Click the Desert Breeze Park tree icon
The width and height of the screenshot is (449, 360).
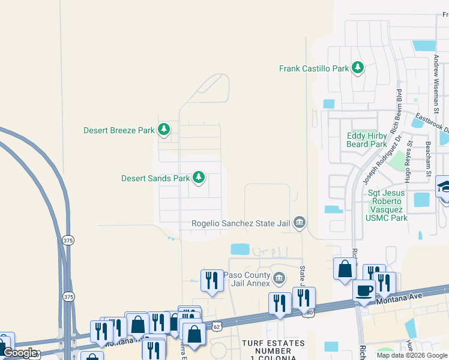pyautogui.click(x=163, y=130)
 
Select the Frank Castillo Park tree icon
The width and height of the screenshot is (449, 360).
pyautogui.click(x=358, y=68)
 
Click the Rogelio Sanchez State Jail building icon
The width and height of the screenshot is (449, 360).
pyautogui.click(x=300, y=223)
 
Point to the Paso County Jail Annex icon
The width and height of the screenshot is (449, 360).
pyautogui.click(x=279, y=278)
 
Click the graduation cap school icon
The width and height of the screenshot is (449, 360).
pyautogui.click(x=444, y=187)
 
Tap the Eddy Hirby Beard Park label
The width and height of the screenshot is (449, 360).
pyautogui.click(x=367, y=140)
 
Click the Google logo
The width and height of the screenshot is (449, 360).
pyautogui.click(x=19, y=353)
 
